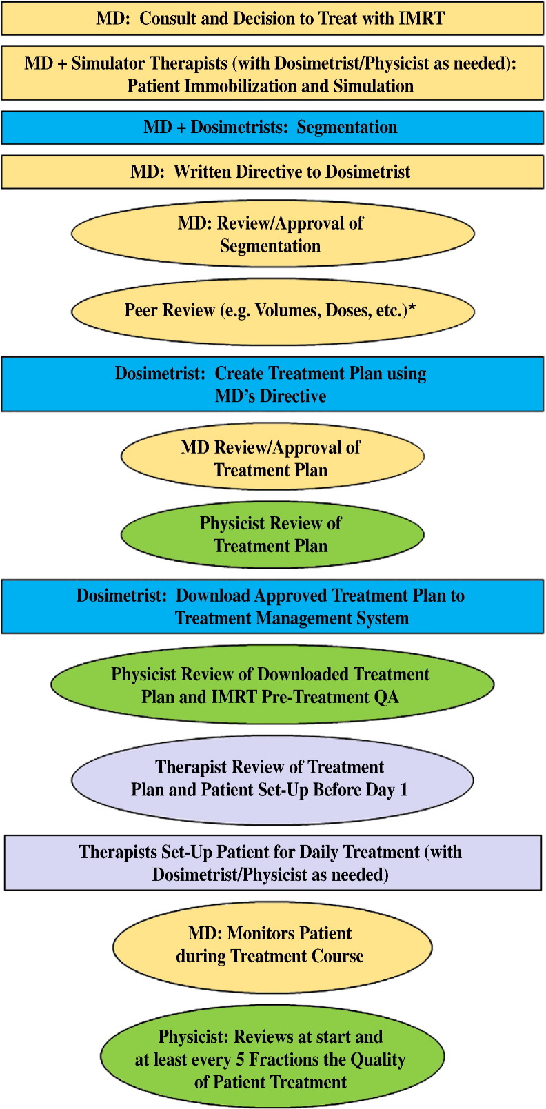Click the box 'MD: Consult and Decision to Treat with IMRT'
tap(272, 19)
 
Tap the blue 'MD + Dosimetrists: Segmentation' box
tap(272, 128)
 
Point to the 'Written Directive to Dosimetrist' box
tap(272, 172)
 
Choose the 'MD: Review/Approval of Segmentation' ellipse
tap(272, 234)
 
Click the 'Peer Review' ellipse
tap(272, 311)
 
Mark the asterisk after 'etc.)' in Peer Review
tap(412, 308)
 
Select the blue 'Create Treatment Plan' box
tap(272, 385)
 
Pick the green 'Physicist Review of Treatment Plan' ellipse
tap(272, 534)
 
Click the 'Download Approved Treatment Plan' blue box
tap(272, 607)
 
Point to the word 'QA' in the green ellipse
tap(386, 697)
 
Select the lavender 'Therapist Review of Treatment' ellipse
tap(272, 779)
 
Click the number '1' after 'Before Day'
tap(404, 790)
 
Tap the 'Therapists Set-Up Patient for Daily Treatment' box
tap(272, 863)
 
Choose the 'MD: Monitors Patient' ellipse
tap(272, 945)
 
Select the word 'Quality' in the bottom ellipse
tap(376, 1059)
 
